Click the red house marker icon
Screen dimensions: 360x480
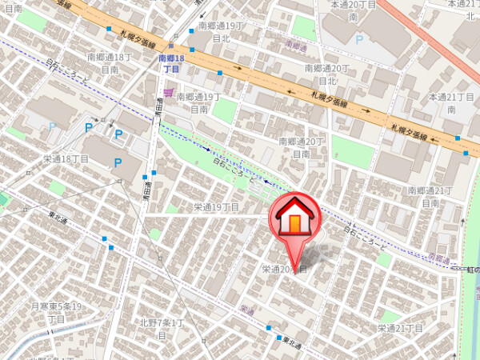coord(294,218)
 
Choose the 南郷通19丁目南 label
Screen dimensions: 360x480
coord(198,102)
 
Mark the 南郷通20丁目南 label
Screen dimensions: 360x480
coord(303,147)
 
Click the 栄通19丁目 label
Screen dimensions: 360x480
coord(217,207)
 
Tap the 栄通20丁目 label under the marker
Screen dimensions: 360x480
coord(285,270)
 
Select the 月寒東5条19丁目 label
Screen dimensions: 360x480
coord(57,312)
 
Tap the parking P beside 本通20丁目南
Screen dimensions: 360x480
coord(359,38)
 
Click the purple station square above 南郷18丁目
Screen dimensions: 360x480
coord(170,45)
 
